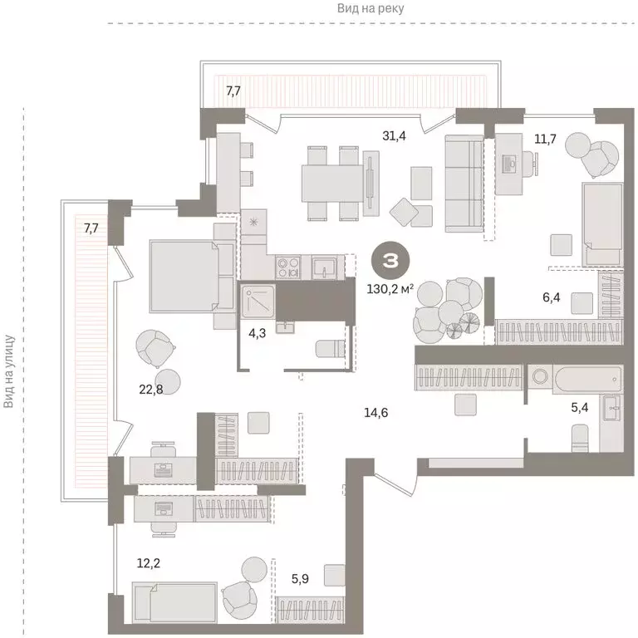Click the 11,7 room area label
pyautogui.click(x=545, y=139)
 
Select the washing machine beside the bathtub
pyautogui.click(x=542, y=379)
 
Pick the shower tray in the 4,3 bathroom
pyautogui.click(x=258, y=301)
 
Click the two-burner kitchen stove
pyautogui.click(x=288, y=267)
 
